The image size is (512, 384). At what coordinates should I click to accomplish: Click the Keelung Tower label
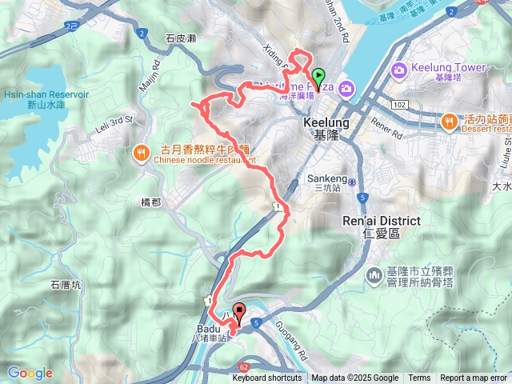[x=448, y=68]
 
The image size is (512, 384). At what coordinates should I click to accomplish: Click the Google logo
[x=30, y=373]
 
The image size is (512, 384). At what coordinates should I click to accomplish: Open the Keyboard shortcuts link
[x=267, y=378]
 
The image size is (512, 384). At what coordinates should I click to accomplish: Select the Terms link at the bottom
[x=419, y=378]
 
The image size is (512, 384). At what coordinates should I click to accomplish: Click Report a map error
[x=474, y=378]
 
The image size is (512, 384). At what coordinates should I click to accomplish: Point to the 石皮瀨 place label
[x=180, y=38]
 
